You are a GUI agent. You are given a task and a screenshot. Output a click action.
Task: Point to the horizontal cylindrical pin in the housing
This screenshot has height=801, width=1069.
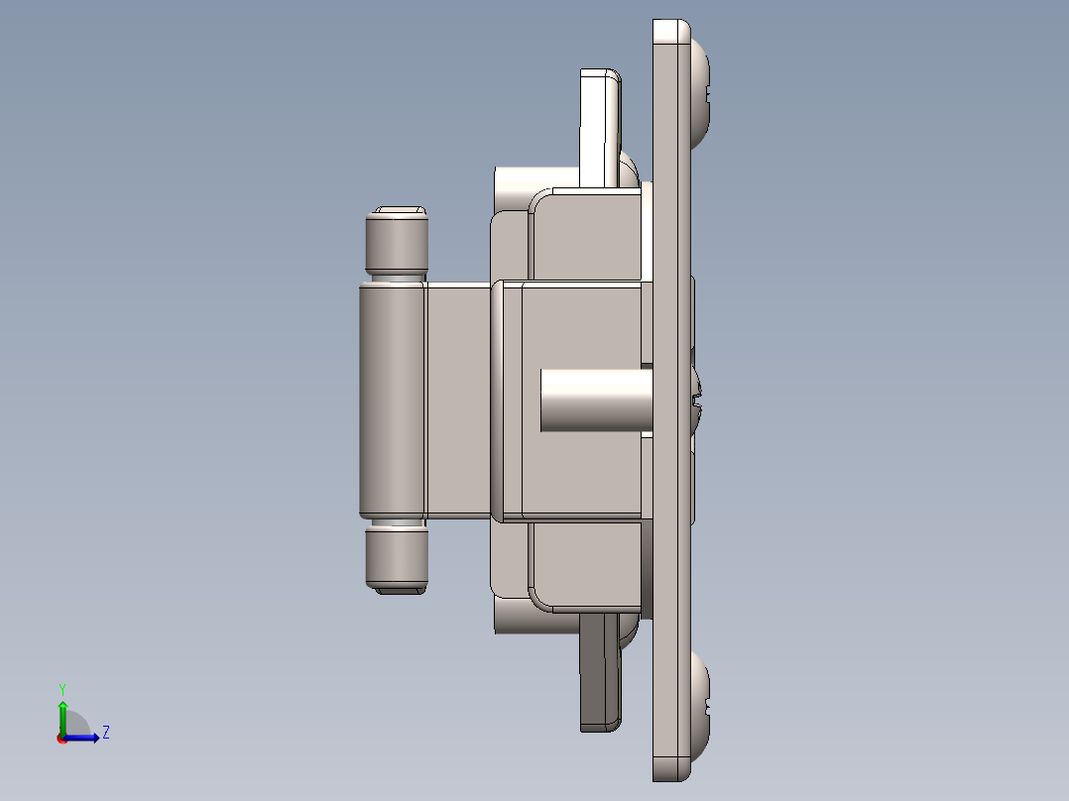coord(595,400)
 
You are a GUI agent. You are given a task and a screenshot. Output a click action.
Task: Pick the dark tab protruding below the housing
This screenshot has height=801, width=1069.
coord(599,674)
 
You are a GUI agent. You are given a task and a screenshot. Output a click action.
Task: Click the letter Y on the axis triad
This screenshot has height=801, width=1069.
coord(62,688)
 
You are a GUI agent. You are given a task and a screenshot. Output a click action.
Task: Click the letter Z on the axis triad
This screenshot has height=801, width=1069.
coord(105,733)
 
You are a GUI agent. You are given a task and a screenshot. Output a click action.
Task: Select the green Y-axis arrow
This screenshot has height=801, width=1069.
coord(62,714)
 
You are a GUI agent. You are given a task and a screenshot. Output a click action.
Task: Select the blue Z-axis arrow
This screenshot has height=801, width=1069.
coord(84,738)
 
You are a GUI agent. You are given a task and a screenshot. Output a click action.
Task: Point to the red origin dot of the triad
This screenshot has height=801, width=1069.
coord(62,739)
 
